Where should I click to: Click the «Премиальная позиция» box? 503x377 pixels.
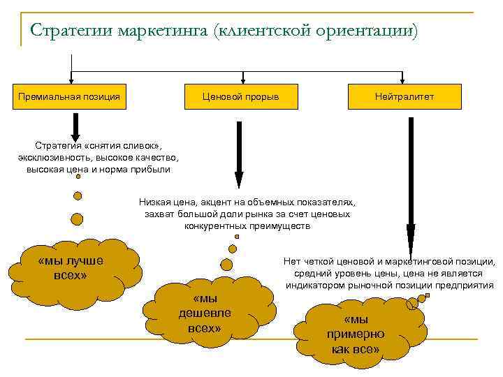[x=69, y=96]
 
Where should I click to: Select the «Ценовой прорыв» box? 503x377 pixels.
[x=240, y=96]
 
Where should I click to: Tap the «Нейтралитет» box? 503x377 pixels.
[x=404, y=96]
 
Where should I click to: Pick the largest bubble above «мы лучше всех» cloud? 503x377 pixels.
[x=77, y=219]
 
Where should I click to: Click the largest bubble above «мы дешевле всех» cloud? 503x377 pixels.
[x=226, y=264]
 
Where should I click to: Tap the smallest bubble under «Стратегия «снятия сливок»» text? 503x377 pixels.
[x=78, y=177]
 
